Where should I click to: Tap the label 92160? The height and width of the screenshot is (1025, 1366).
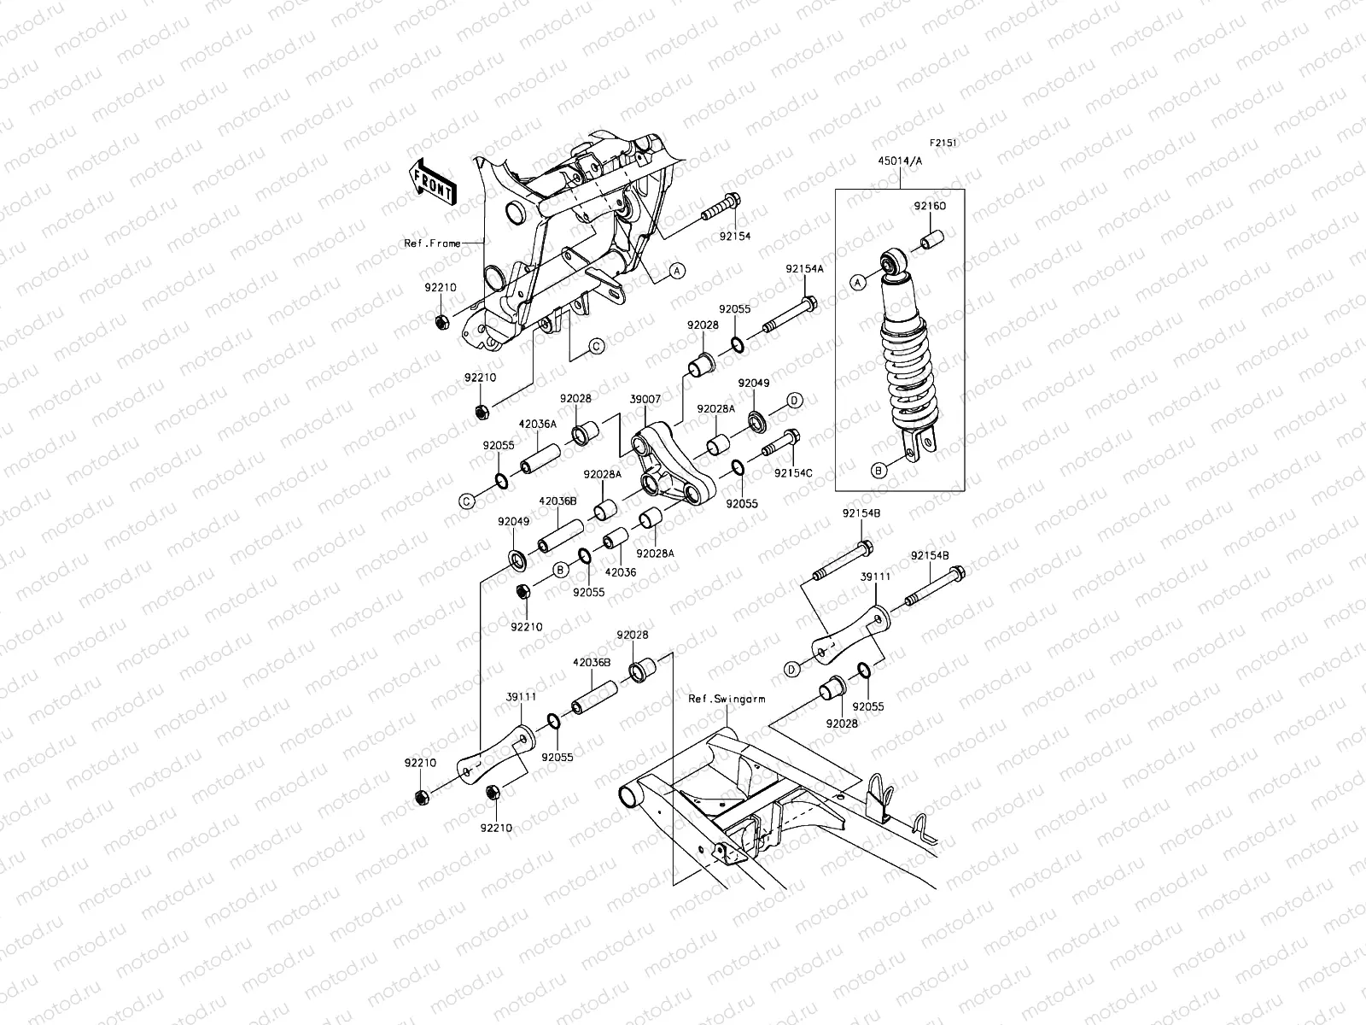tap(931, 207)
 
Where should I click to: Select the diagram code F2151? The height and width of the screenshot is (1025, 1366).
tap(943, 144)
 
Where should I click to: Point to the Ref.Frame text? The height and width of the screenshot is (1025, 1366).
tap(431, 243)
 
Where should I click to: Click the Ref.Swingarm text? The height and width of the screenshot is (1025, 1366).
tap(726, 698)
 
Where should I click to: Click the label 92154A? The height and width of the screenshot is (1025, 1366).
tap(804, 268)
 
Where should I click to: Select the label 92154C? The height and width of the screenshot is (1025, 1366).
tap(793, 472)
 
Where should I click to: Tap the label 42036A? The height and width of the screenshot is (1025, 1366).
tap(537, 424)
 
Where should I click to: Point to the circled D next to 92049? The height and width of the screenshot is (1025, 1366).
tap(793, 400)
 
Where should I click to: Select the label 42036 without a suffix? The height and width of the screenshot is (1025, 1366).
tap(621, 572)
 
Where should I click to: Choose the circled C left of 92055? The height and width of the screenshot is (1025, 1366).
tap(467, 501)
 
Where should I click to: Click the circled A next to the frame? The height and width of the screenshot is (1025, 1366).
tap(676, 271)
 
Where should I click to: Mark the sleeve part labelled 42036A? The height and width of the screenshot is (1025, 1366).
tap(539, 457)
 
